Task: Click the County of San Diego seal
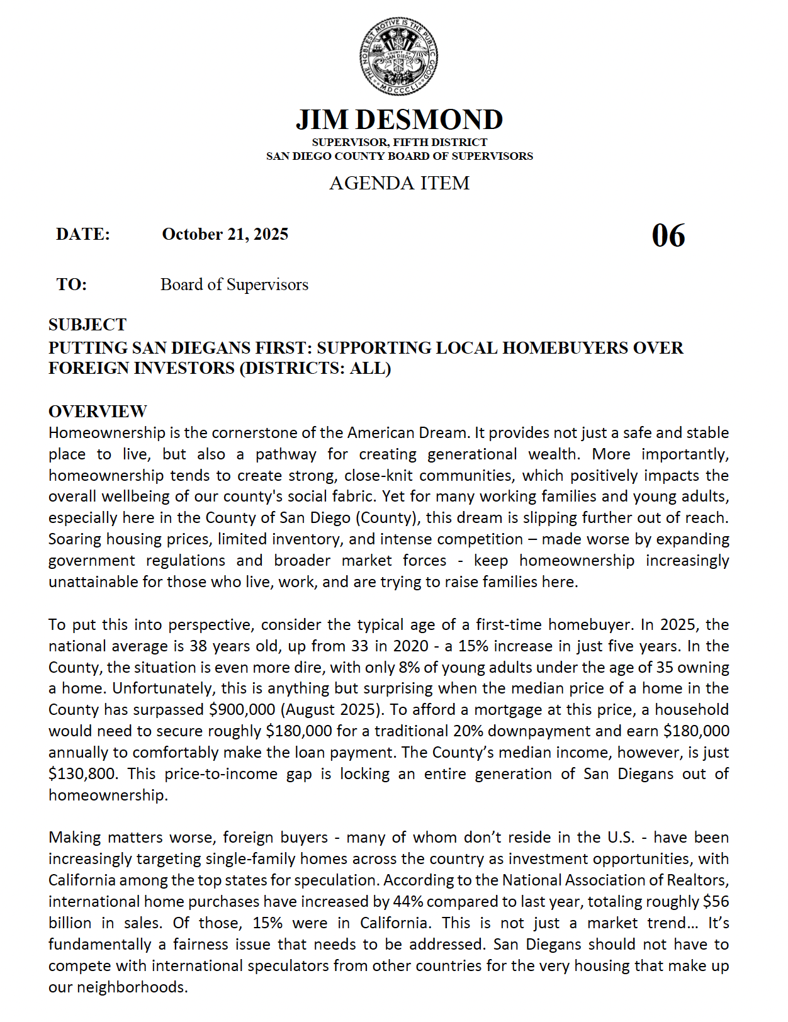click(398, 57)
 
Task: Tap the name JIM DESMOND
click(399, 120)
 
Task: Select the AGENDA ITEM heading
click(399, 183)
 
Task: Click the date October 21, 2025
click(225, 234)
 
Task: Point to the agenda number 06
click(668, 236)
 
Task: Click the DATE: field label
click(83, 234)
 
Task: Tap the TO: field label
click(72, 284)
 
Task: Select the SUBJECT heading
click(87, 325)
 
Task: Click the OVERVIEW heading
click(98, 412)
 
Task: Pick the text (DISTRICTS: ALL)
click(315, 368)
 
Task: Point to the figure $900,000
click(242, 710)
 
